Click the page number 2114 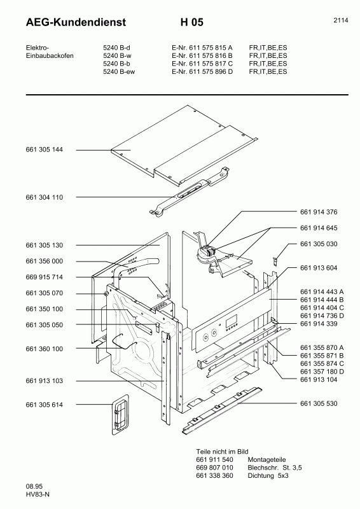point(340,20)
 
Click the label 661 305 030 point(318,244)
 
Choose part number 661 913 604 point(318,268)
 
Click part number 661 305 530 point(318,404)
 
